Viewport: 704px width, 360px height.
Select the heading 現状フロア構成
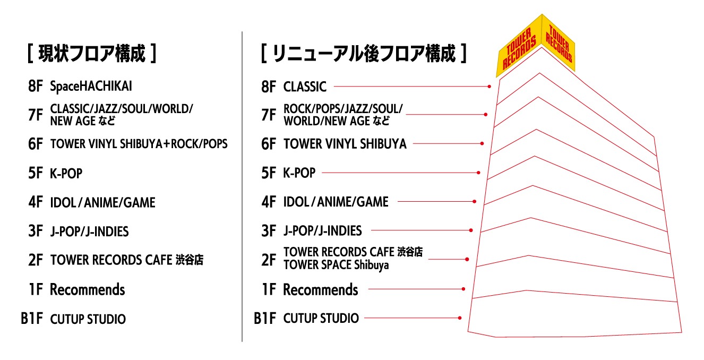click(91, 54)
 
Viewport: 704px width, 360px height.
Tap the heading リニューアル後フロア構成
click(364, 54)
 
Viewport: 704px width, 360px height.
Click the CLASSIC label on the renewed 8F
click(305, 86)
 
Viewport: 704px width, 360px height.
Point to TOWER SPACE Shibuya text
click(336, 265)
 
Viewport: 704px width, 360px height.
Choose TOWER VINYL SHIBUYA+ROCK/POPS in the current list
click(139, 144)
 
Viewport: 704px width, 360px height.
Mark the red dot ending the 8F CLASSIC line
click(490, 86)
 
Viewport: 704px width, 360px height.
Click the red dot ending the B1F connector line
click(460, 318)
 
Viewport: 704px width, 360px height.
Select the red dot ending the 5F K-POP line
click(479, 173)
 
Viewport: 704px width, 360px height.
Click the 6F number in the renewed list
click(269, 144)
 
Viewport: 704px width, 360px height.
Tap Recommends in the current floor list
click(87, 290)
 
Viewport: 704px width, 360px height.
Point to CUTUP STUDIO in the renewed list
click(321, 319)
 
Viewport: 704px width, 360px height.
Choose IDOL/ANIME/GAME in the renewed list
click(336, 202)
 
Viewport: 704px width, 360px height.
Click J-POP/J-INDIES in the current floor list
click(89, 232)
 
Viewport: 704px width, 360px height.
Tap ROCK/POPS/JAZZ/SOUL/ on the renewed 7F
click(343, 109)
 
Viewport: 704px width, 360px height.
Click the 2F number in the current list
click(36, 261)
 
